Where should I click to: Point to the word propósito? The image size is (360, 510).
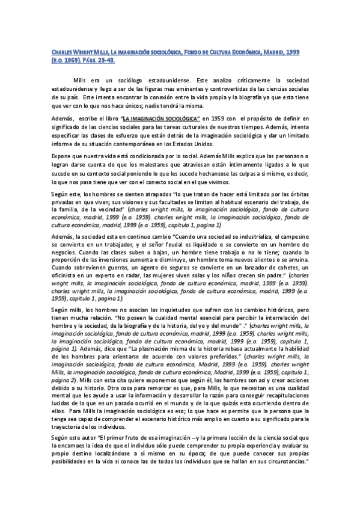tap(270, 119)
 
